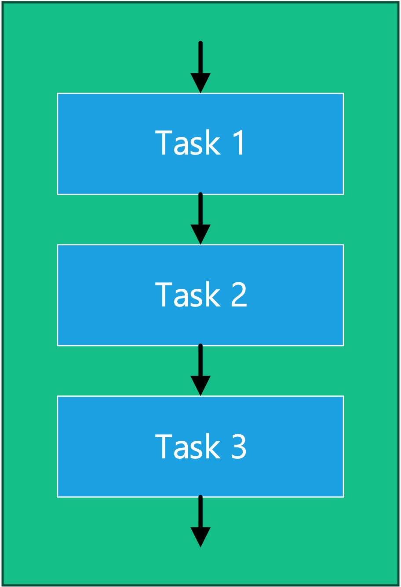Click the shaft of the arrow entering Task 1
click(200, 57)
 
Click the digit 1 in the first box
click(239, 143)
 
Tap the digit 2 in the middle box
click(239, 294)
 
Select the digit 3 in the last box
click(239, 446)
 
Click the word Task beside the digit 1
click(188, 143)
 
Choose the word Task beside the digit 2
click(188, 294)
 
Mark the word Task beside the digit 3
click(188, 446)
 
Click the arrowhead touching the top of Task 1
click(200, 82)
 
